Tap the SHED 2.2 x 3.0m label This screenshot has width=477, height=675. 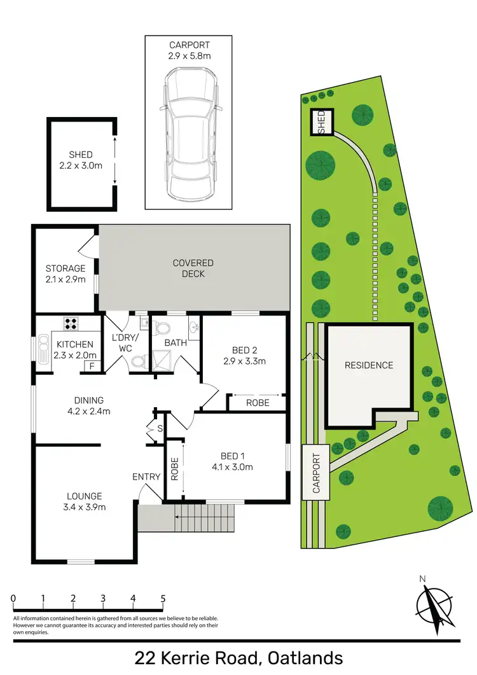point(81,160)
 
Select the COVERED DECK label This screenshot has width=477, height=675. point(193,268)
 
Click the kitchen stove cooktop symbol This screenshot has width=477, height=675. point(70,323)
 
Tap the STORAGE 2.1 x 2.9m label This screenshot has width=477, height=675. point(65,274)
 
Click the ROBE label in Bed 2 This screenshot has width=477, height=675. point(258,403)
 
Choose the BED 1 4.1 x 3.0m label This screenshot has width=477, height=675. point(233,461)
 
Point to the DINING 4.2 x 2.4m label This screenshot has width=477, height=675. point(88,405)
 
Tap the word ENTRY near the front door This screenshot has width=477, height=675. point(146,477)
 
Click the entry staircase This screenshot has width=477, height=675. point(191,517)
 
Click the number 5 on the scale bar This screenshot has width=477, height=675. point(163,599)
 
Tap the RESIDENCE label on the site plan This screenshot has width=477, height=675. point(369,365)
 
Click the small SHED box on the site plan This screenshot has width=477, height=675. point(321,122)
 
